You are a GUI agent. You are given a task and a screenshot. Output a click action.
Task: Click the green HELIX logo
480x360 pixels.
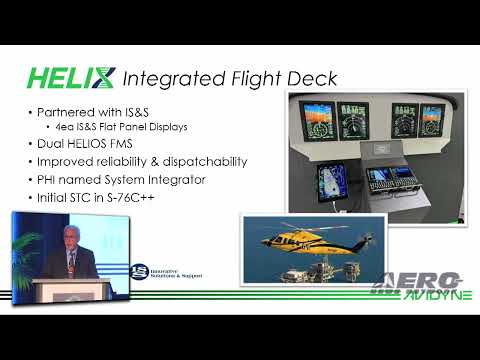[69, 78]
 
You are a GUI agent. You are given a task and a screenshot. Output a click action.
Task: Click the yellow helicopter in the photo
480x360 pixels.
[304, 240]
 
